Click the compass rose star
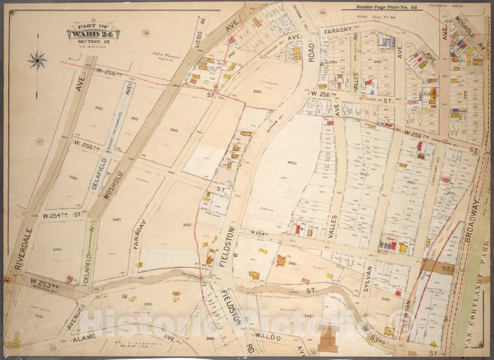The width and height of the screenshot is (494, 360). pos(36,61)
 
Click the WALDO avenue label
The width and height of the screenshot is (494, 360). pos(266,337)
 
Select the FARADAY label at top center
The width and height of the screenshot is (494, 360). pos(337,30)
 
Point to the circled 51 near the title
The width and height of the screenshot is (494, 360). pos(146,32)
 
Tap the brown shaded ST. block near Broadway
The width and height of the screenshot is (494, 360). pos(437,267)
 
